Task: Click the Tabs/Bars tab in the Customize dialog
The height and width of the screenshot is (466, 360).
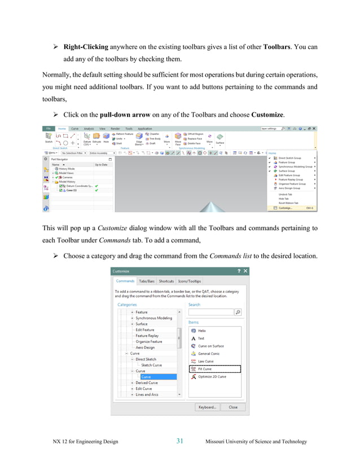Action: pos(147,280)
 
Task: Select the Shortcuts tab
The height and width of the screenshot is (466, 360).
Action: pos(166,280)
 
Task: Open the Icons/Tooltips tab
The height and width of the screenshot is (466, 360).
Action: pos(189,280)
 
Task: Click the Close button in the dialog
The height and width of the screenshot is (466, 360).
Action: pos(232,407)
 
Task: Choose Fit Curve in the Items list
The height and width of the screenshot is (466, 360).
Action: pos(204,369)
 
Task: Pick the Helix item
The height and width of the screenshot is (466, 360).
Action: pos(201,331)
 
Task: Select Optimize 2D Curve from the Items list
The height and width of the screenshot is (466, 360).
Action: pos(212,376)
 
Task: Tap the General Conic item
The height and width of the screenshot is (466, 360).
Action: pos(208,354)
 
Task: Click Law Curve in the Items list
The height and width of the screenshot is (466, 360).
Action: pos(205,361)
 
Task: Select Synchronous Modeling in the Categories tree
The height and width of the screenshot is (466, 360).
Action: pos(153,318)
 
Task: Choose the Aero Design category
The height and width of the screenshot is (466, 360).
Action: pos(144,348)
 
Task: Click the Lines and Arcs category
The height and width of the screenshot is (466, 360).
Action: pos(147,394)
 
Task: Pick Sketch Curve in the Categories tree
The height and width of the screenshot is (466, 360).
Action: pos(151,365)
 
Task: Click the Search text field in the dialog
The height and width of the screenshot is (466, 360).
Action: pos(210,312)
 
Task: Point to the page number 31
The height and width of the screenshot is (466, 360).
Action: pos(180,441)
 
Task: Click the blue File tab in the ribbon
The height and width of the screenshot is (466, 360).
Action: pos(49,129)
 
